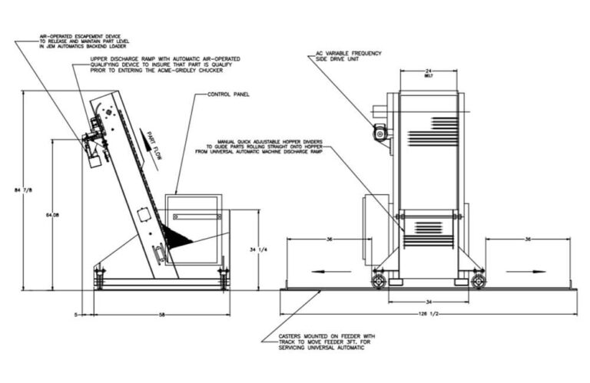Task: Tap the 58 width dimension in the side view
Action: click(x=161, y=315)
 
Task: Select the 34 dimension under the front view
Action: click(x=429, y=301)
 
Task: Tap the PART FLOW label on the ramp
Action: click(x=148, y=139)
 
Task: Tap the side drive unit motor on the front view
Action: click(x=380, y=134)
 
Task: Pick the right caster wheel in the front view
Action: click(x=478, y=281)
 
